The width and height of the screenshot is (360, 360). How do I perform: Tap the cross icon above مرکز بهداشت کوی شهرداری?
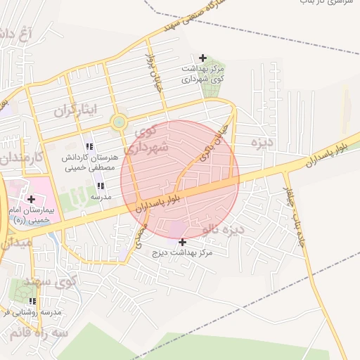tap(203, 58)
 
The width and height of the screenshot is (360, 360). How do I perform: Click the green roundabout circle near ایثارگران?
tap(118, 124)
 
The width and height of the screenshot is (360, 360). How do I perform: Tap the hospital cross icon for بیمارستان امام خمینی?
tap(31, 199)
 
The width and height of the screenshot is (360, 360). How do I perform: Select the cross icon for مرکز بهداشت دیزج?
tap(183, 242)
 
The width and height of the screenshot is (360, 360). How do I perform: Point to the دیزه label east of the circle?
tap(261, 142)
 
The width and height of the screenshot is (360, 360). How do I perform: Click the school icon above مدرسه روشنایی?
tap(32, 301)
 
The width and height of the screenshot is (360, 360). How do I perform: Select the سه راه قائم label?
tap(45, 332)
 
